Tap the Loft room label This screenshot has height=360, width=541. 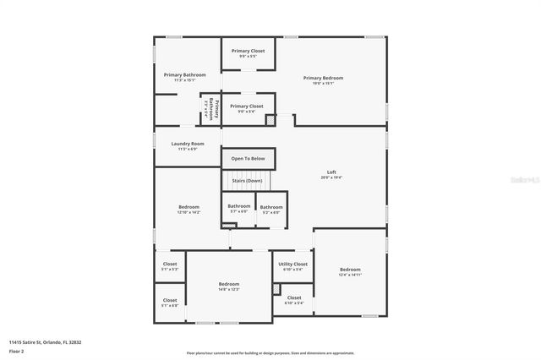[x=331, y=172]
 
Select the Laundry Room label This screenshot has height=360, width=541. [x=188, y=144]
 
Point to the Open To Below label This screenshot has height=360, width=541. [x=248, y=159]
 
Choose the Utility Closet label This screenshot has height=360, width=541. [x=293, y=264]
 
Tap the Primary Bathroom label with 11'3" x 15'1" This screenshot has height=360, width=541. [x=184, y=75]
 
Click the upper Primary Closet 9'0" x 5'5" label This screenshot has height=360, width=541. [x=248, y=51]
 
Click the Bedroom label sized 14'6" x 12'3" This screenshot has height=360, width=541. [x=229, y=284]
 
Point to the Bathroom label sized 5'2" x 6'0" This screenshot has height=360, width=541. [x=271, y=207]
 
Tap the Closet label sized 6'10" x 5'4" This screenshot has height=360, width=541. [x=294, y=297]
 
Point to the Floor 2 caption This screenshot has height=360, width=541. [x=17, y=350]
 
